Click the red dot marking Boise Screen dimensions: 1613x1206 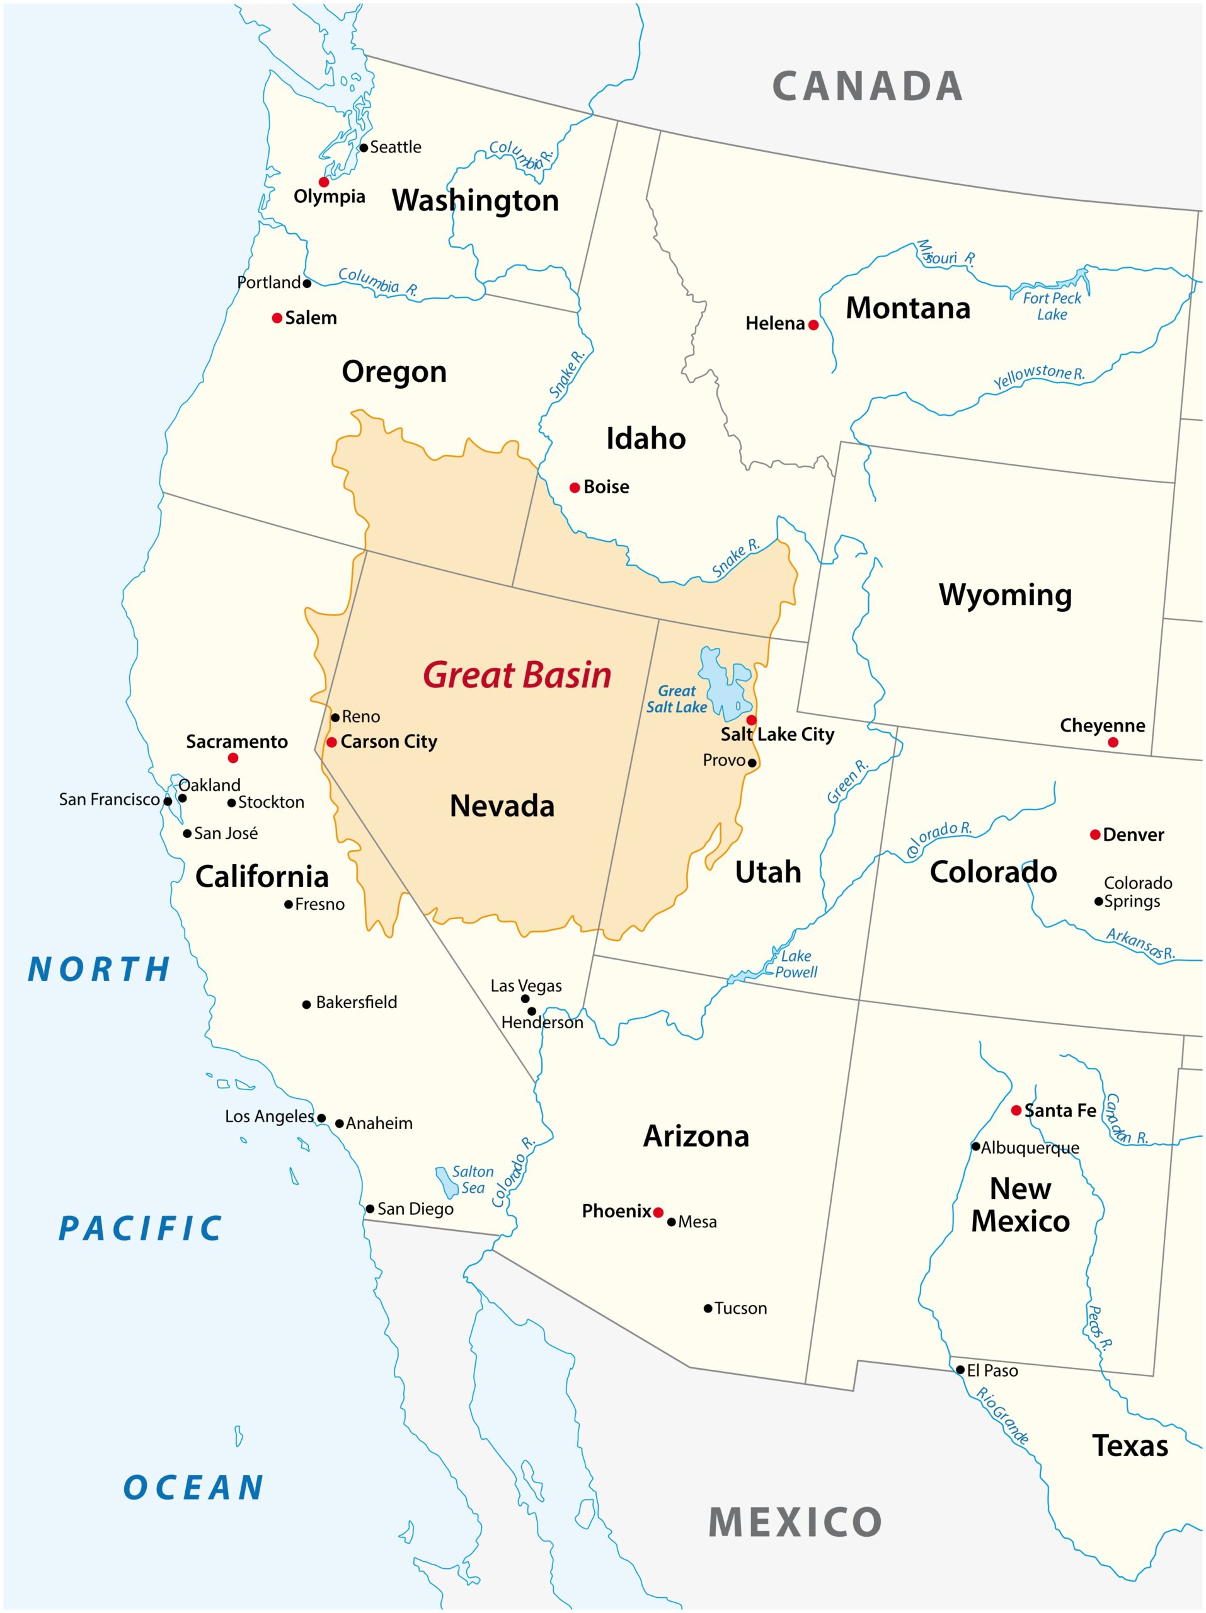(x=575, y=487)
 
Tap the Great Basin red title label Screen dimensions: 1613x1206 (x=517, y=675)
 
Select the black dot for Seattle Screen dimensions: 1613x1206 (x=363, y=147)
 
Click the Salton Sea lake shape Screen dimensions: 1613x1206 (x=445, y=1181)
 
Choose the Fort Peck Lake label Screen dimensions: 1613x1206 (x=1052, y=306)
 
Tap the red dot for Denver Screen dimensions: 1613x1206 (x=1094, y=834)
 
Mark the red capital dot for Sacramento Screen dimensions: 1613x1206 (x=233, y=757)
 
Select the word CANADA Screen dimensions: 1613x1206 (x=867, y=86)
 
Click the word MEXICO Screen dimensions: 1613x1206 (x=795, y=1522)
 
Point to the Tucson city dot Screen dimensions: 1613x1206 (x=707, y=1308)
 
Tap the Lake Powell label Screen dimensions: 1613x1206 (x=795, y=963)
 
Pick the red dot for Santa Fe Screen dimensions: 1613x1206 (x=1016, y=1110)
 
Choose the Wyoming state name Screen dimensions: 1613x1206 (x=1005, y=594)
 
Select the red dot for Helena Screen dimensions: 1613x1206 (x=813, y=325)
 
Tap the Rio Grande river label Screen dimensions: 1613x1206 (x=1002, y=1416)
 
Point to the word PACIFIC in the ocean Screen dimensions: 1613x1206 (x=140, y=1229)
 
